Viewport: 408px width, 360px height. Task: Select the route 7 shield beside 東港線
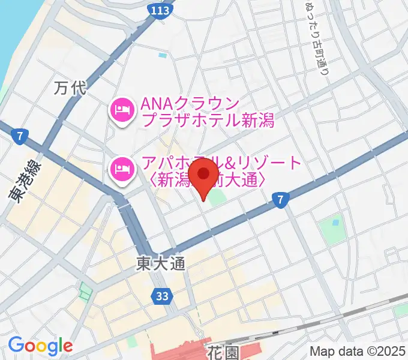pyautogui.click(x=20, y=136)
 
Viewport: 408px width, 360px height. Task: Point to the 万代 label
pyautogui.click(x=70, y=89)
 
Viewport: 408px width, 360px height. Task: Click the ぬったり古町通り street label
pyautogui.click(x=316, y=36)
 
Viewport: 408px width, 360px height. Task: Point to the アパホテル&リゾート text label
pyautogui.click(x=222, y=170)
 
